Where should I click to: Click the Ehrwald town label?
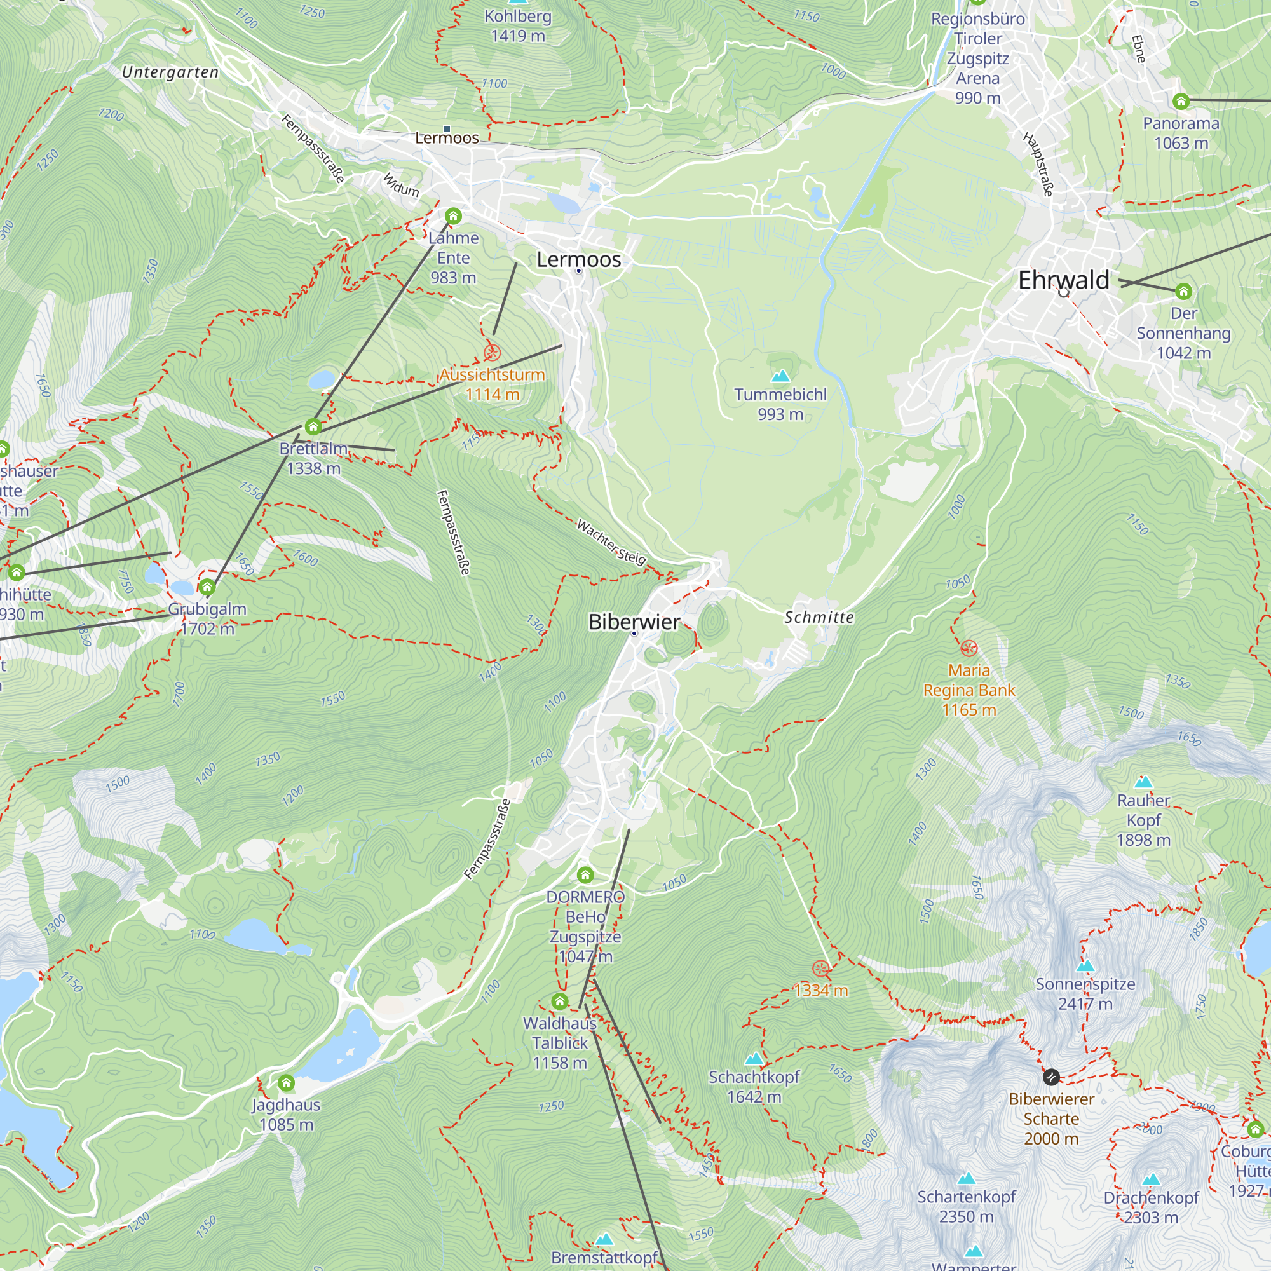[x=1063, y=280]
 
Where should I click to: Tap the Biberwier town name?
[x=634, y=622]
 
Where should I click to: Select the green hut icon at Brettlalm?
[x=313, y=427]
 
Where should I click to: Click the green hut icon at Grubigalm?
[x=207, y=587]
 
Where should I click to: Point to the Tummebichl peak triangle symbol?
[x=780, y=376]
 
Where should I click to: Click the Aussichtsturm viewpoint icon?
[x=492, y=353]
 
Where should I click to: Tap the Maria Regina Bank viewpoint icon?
[x=969, y=648]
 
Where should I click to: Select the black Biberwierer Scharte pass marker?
[x=1050, y=1077]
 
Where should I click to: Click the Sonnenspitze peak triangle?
[x=1085, y=966]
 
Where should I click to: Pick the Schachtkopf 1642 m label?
[x=754, y=1087]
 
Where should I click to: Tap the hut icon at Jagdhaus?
[x=285, y=1083]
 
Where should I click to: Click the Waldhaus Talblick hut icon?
[x=560, y=1002]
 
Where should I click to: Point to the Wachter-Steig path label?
[x=611, y=542]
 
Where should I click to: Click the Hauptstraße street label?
[x=1038, y=164]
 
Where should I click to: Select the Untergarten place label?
[x=170, y=72]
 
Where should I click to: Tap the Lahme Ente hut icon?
[x=453, y=216]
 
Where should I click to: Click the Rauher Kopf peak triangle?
[x=1143, y=782]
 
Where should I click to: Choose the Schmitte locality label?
[x=819, y=617]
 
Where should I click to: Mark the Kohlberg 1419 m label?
[x=518, y=25]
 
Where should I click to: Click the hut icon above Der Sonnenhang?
[x=1183, y=291]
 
